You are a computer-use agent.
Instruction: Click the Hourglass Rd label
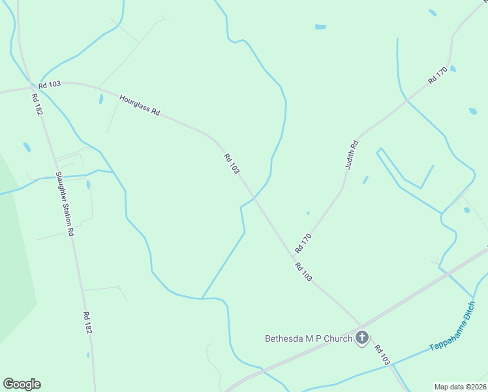[140, 105]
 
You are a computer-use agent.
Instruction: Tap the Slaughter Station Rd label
[65, 203]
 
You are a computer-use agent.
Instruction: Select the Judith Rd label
[352, 155]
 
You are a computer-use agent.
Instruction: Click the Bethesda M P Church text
[308, 338]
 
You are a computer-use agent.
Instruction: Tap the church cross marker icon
[362, 338]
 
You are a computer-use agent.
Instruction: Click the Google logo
[22, 384]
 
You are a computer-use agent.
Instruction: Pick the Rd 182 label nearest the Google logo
[87, 323]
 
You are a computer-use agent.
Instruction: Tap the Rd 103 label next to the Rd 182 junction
[49, 85]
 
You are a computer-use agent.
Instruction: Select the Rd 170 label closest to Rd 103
[303, 243]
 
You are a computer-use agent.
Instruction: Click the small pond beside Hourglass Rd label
[100, 99]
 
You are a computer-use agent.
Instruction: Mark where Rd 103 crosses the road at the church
[360, 325]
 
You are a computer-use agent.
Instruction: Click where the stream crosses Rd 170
[407, 100]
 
